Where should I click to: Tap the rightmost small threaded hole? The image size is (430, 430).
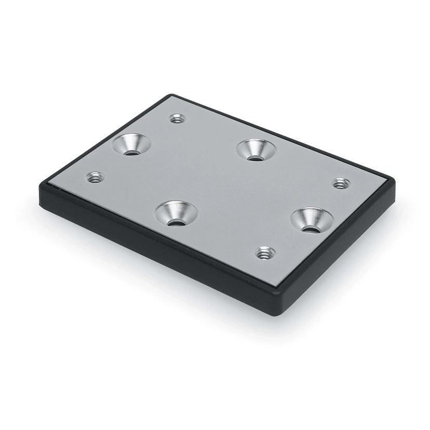click(x=340, y=183)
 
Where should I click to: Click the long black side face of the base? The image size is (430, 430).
click(x=156, y=244)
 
